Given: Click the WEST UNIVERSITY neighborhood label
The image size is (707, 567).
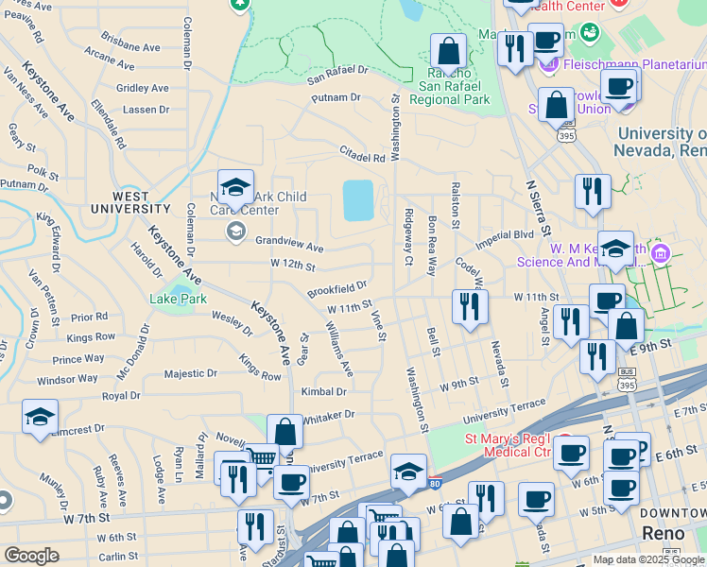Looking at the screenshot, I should click(130, 208).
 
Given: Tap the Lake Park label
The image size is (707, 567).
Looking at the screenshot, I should click(178, 300).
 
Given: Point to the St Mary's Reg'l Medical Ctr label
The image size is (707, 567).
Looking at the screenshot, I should click(509, 445).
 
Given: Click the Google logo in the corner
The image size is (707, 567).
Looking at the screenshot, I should click(31, 556).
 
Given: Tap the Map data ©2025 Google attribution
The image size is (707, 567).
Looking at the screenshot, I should click(648, 559).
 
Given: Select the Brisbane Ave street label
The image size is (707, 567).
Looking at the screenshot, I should click(129, 46).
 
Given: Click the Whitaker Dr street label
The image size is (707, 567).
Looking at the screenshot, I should click(328, 415).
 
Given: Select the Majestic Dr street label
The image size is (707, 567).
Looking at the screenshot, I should click(190, 374).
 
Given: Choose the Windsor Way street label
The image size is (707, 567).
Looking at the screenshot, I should click(67, 380).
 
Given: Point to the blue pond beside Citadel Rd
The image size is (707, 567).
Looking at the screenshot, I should click(358, 199).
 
